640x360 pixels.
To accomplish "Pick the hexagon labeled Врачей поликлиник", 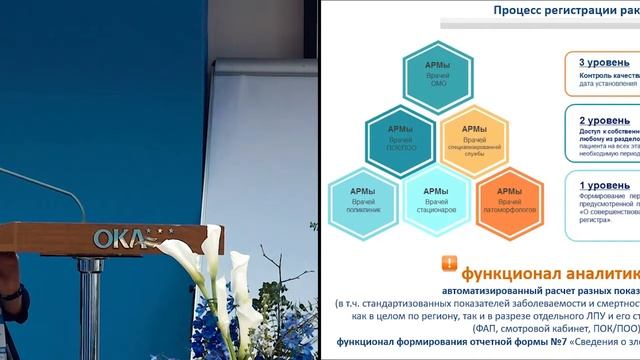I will pyautogui.click(x=363, y=199).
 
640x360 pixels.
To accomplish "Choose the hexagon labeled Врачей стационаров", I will pyautogui.click(x=436, y=199).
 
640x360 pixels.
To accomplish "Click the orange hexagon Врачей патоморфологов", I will pyautogui.click(x=509, y=199).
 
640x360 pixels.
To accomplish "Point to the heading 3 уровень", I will pyautogui.click(x=602, y=62).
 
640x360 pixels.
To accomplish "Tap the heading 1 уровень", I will pyautogui.click(x=602, y=185).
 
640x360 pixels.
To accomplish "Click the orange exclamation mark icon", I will pyautogui.click(x=450, y=264).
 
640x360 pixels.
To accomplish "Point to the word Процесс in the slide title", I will pyautogui.click(x=521, y=11).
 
